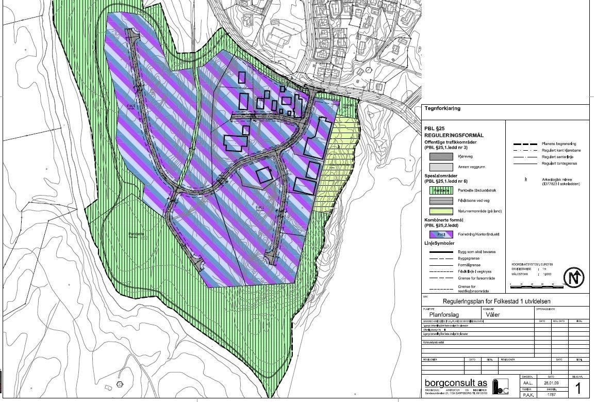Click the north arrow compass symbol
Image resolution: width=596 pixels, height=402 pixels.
[x=573, y=277]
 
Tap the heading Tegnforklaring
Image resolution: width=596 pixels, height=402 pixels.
[x=442, y=109]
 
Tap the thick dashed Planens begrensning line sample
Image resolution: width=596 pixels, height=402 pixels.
[x=526, y=143]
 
